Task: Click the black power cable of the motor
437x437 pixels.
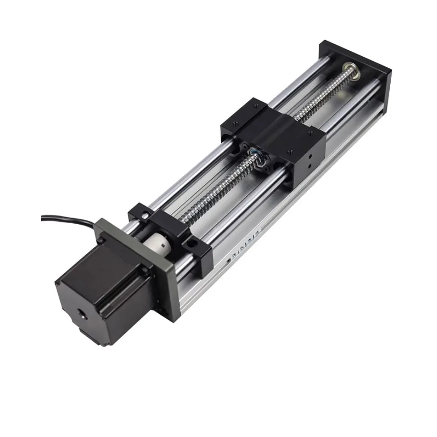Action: [x=66, y=217]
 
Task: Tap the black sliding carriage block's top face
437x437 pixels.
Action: [x=271, y=131]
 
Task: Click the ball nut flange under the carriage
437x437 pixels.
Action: [x=257, y=160]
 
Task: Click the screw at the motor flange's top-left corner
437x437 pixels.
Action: [x=102, y=240]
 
